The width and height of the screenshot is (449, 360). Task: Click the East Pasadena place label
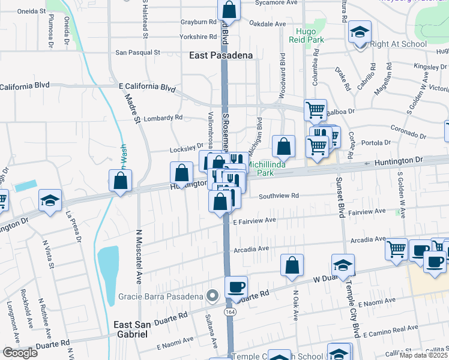click(x=221, y=55)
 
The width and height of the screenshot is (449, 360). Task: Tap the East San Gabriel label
click(x=140, y=329)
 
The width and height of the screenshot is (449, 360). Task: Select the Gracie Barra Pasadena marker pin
click(x=211, y=295)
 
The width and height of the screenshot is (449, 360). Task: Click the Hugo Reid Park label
click(x=310, y=35)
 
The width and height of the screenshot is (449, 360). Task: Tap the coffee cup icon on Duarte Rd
click(x=236, y=286)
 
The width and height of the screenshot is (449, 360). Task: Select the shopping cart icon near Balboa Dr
click(x=315, y=110)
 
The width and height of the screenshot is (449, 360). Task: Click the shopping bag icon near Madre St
click(x=120, y=180)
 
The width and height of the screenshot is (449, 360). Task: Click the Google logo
click(x=19, y=352)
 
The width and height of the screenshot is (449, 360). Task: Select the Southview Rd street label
click(x=279, y=196)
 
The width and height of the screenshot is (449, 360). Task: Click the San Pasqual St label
click(x=137, y=52)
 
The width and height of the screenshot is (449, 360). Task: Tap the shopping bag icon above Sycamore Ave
click(x=229, y=10)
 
